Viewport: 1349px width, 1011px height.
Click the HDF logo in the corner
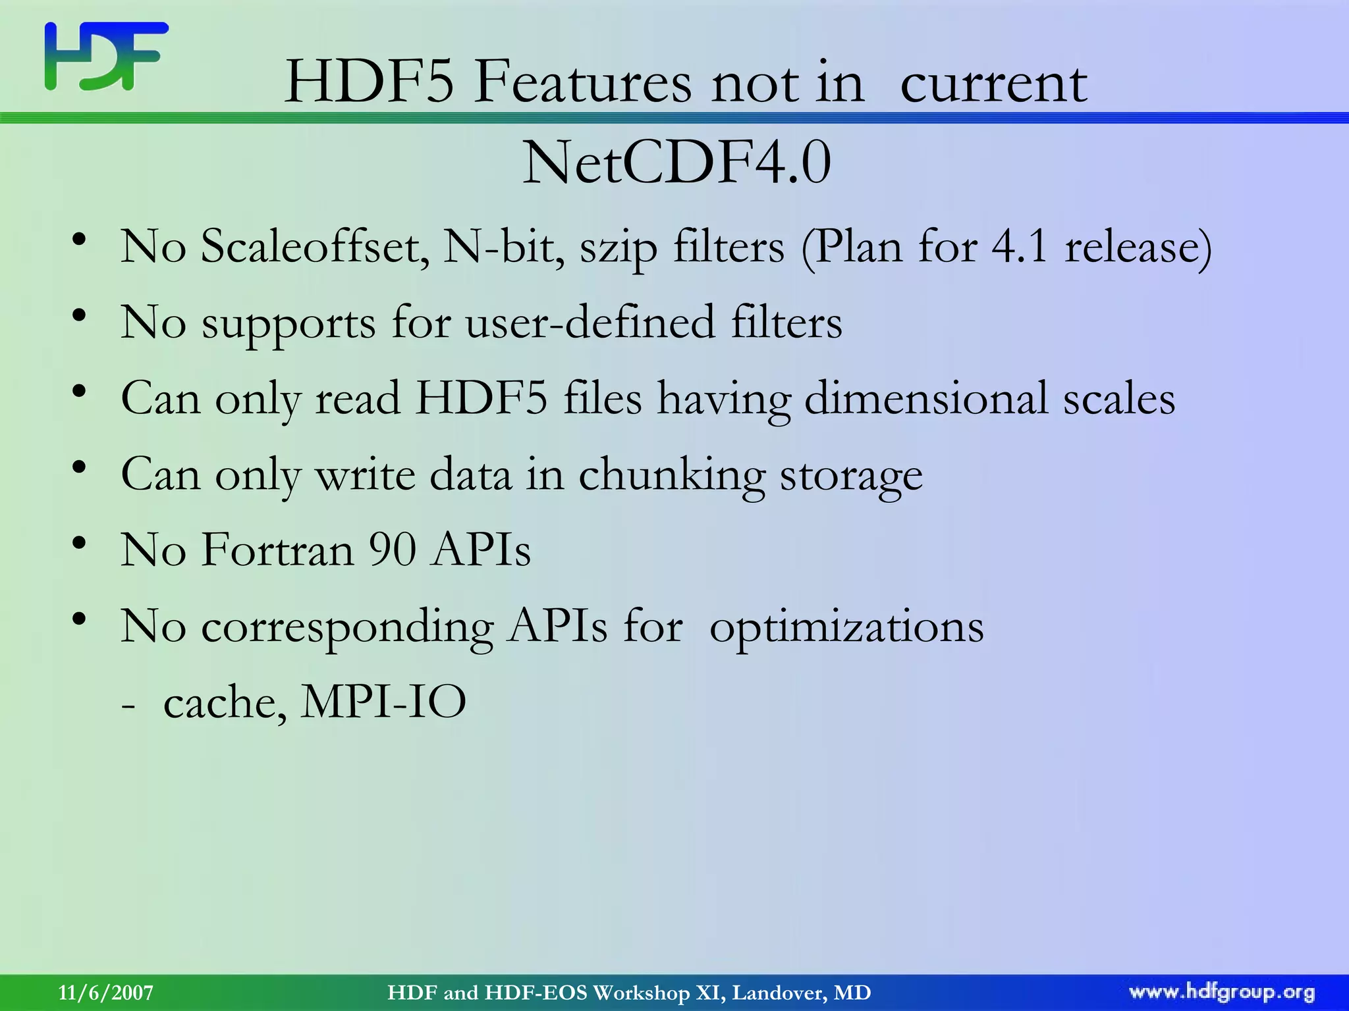click(106, 57)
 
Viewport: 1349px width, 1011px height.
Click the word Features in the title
click(582, 84)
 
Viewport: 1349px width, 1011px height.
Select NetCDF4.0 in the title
click(676, 163)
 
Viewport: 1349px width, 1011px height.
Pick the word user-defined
click(590, 323)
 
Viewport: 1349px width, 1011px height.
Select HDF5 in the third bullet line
click(481, 398)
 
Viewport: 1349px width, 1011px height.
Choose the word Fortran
click(277, 550)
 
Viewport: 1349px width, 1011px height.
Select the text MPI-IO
click(383, 702)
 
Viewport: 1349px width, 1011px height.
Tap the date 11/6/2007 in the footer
click(105, 993)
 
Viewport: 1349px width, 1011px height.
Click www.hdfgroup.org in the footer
click(1222, 993)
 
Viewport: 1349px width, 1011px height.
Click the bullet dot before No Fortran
click(80, 544)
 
